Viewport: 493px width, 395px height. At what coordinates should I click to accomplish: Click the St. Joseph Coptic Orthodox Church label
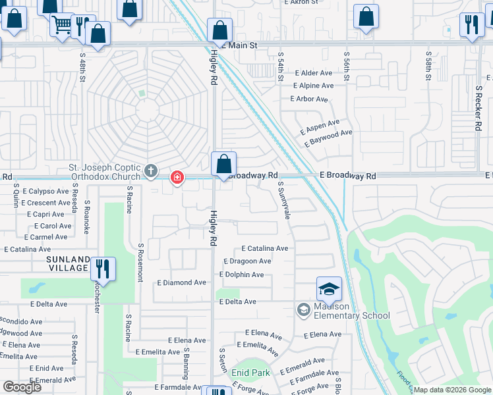click(105, 172)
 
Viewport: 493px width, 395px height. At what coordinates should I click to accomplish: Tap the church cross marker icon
click(151, 172)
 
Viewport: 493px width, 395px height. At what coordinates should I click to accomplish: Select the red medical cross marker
click(177, 177)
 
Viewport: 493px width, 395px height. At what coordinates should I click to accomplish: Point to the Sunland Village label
click(67, 263)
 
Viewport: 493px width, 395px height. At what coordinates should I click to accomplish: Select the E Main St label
click(239, 45)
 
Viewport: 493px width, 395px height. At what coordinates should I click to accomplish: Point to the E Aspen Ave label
click(320, 123)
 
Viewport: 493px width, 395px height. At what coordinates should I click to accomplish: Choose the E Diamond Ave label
click(181, 282)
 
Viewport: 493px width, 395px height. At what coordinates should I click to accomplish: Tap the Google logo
click(22, 387)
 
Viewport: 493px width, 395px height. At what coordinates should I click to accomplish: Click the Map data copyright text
click(453, 390)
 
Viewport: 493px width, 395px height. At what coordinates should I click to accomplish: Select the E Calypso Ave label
click(45, 192)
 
